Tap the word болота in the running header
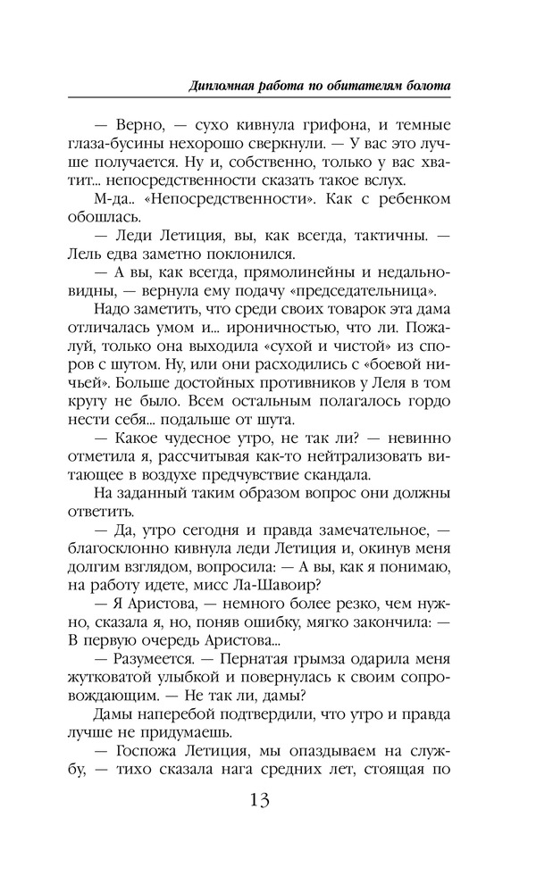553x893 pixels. [x=425, y=86]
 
